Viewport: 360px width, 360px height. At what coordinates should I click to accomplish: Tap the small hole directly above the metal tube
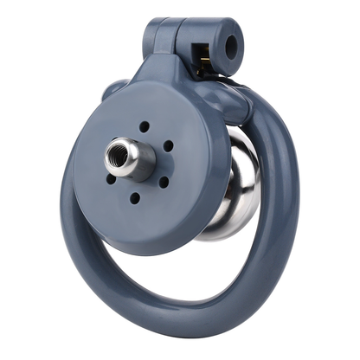tap(144, 126)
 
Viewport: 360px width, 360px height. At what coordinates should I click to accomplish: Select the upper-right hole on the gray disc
tap(167, 145)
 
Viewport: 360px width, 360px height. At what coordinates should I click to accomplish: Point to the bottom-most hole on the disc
tap(135, 197)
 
